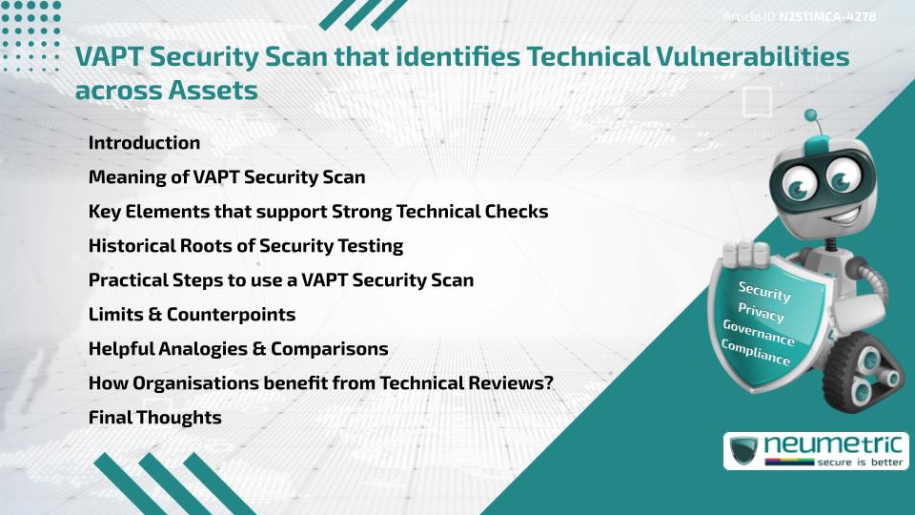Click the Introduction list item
coord(144,143)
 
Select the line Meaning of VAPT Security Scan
coord(227,177)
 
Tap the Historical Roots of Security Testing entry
coord(246,246)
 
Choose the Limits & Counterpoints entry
coord(192,315)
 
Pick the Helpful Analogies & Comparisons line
coord(238,349)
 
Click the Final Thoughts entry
coord(154,418)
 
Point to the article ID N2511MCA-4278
coord(800,16)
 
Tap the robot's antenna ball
coord(811,115)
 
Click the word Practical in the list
coord(124,280)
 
